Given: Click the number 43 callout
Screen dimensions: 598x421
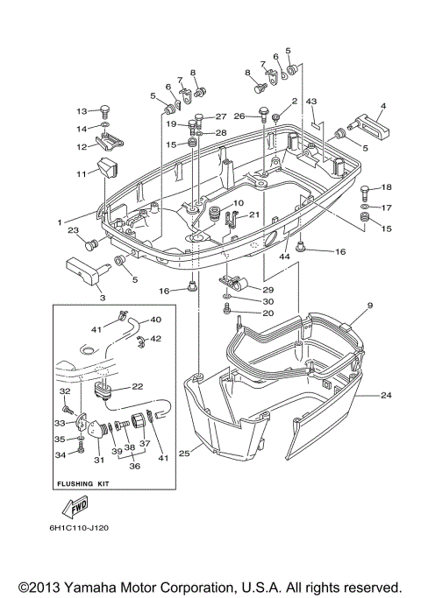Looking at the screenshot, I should tap(310, 101).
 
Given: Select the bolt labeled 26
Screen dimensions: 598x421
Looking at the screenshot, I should tap(263, 111).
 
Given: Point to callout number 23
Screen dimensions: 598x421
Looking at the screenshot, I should tap(73, 230).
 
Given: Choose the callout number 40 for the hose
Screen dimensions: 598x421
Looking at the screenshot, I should tap(155, 320).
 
